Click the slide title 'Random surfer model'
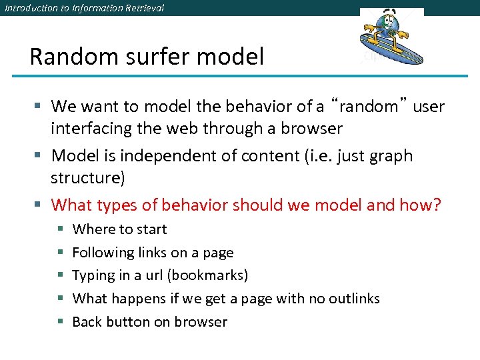tap(147, 57)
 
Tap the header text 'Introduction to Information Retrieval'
tap(83, 8)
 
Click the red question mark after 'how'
tap(437, 205)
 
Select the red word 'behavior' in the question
tap(189, 205)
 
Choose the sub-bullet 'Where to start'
tap(119, 229)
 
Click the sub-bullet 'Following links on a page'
tap(153, 253)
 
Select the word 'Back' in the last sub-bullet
tap(87, 322)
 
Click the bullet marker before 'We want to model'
tap(39, 107)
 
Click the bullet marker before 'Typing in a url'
tap(59, 276)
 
